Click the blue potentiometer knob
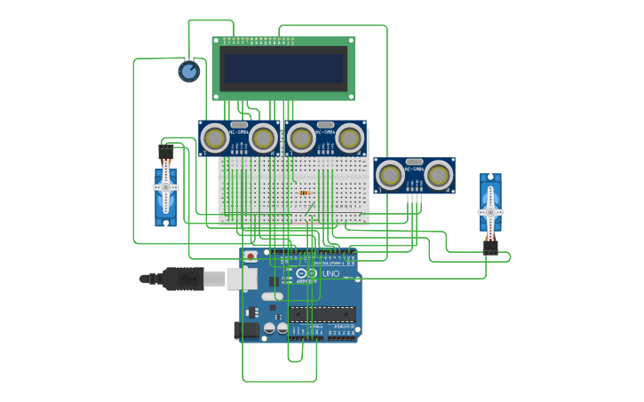coord(189,71)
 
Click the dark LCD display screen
coord(283,68)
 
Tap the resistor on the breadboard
coord(305,193)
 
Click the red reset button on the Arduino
coord(250,256)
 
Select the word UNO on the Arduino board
coord(330,274)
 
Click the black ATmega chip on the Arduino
coord(322,313)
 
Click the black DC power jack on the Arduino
coord(246,330)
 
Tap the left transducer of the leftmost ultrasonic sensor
coord(214,138)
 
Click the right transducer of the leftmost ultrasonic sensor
coord(263,138)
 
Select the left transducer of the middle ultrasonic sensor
coord(301,138)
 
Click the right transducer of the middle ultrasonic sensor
coord(350,138)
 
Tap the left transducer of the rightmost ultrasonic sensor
coord(390,175)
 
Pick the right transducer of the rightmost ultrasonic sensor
coord(439,175)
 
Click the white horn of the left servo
coord(165,187)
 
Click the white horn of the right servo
coord(490,212)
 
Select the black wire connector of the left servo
coord(165,153)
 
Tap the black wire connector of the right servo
coord(490,247)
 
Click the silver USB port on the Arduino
coord(238,279)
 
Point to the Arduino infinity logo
coord(302,274)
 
